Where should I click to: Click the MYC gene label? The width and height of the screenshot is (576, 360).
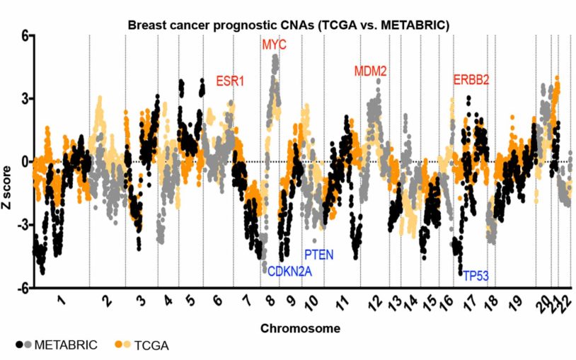(x=275, y=45)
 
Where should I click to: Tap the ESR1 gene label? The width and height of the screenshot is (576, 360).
(x=230, y=81)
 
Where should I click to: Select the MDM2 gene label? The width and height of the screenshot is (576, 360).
(x=370, y=71)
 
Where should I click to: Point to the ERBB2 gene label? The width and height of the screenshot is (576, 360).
(x=471, y=80)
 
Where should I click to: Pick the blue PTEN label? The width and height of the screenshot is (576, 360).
(x=318, y=255)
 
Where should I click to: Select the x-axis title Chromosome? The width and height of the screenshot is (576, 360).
(x=300, y=328)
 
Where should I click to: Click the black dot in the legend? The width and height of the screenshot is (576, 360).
(x=18, y=345)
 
